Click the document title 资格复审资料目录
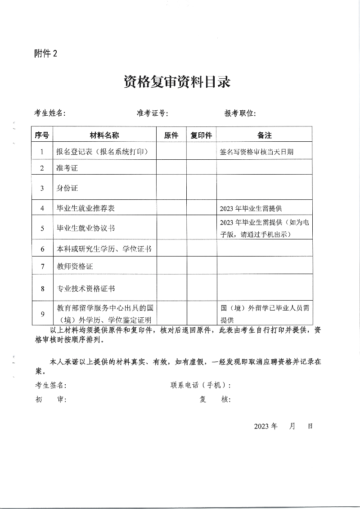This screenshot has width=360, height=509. (x=177, y=82)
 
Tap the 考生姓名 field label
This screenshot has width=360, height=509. (x=50, y=113)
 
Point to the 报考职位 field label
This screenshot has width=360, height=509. (x=240, y=113)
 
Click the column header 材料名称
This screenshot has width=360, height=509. (x=104, y=135)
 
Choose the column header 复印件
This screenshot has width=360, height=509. (x=201, y=135)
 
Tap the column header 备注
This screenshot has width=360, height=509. (x=264, y=135)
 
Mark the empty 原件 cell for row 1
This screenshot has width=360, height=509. (x=171, y=152)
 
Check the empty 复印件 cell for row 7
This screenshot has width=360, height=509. (x=201, y=266)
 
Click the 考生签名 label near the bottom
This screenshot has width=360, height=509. (x=51, y=385)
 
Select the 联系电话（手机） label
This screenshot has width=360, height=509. (x=201, y=385)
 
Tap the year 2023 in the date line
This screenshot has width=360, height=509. (x=262, y=426)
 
